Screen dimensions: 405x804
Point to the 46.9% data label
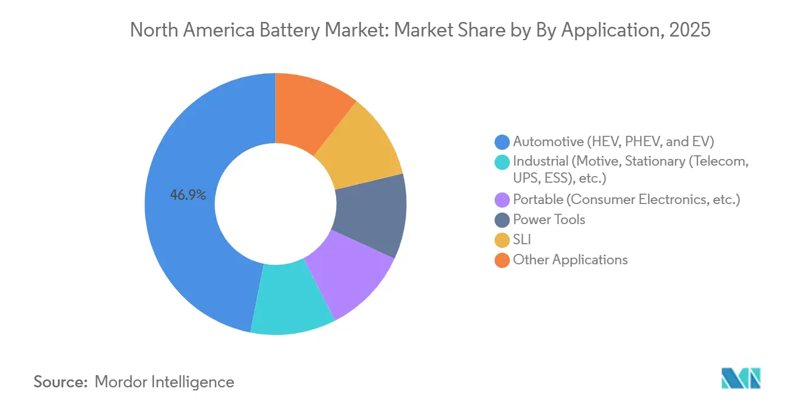pyautogui.click(x=188, y=195)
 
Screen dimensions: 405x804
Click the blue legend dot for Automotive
pyautogui.click(x=503, y=142)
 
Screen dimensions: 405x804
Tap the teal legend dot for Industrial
pyautogui.click(x=503, y=161)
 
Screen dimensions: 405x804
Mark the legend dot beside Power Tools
pyautogui.click(x=503, y=220)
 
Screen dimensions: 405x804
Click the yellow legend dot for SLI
pyautogui.click(x=503, y=240)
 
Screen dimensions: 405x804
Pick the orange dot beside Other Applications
pyautogui.click(x=503, y=260)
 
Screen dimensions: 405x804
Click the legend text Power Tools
pyautogui.click(x=549, y=220)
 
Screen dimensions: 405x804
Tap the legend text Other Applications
pyautogui.click(x=570, y=260)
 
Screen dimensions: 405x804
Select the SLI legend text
pyautogui.click(x=522, y=240)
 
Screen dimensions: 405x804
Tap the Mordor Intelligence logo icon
pyautogui.click(x=741, y=379)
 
